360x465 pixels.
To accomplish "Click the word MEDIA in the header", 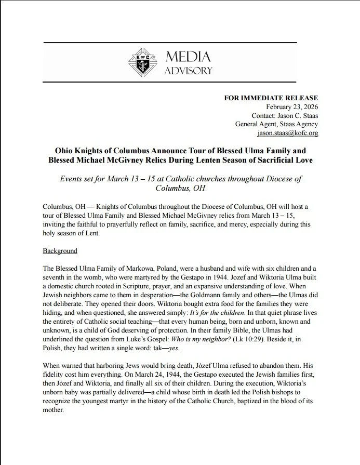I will pos(188,56).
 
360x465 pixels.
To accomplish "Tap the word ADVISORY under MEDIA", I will pos(188,70).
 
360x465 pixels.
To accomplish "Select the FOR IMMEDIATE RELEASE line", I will pos(271,98).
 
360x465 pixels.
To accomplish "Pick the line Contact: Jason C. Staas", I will pos(285,115).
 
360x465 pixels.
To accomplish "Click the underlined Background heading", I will pos(60,251).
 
